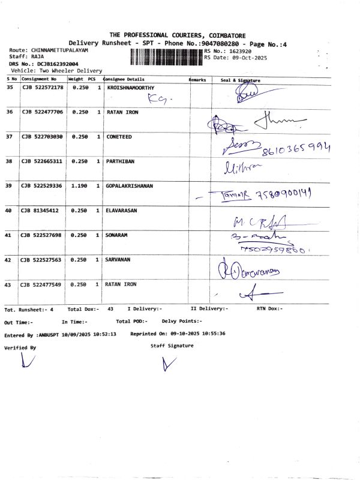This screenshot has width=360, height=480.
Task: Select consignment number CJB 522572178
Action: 42,88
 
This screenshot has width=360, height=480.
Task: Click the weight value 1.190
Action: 80,186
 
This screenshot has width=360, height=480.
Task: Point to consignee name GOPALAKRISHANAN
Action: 130,186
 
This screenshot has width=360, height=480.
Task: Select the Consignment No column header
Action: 39,79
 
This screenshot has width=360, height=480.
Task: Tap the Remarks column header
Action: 197,79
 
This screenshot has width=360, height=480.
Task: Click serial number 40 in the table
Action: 9,211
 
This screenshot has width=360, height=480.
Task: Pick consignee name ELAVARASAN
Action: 125,211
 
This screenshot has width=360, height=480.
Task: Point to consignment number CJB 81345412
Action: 40,211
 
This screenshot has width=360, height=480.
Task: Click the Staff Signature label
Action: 172,346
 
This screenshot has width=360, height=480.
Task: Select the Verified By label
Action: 20,347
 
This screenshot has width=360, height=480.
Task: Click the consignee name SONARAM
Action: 120,235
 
